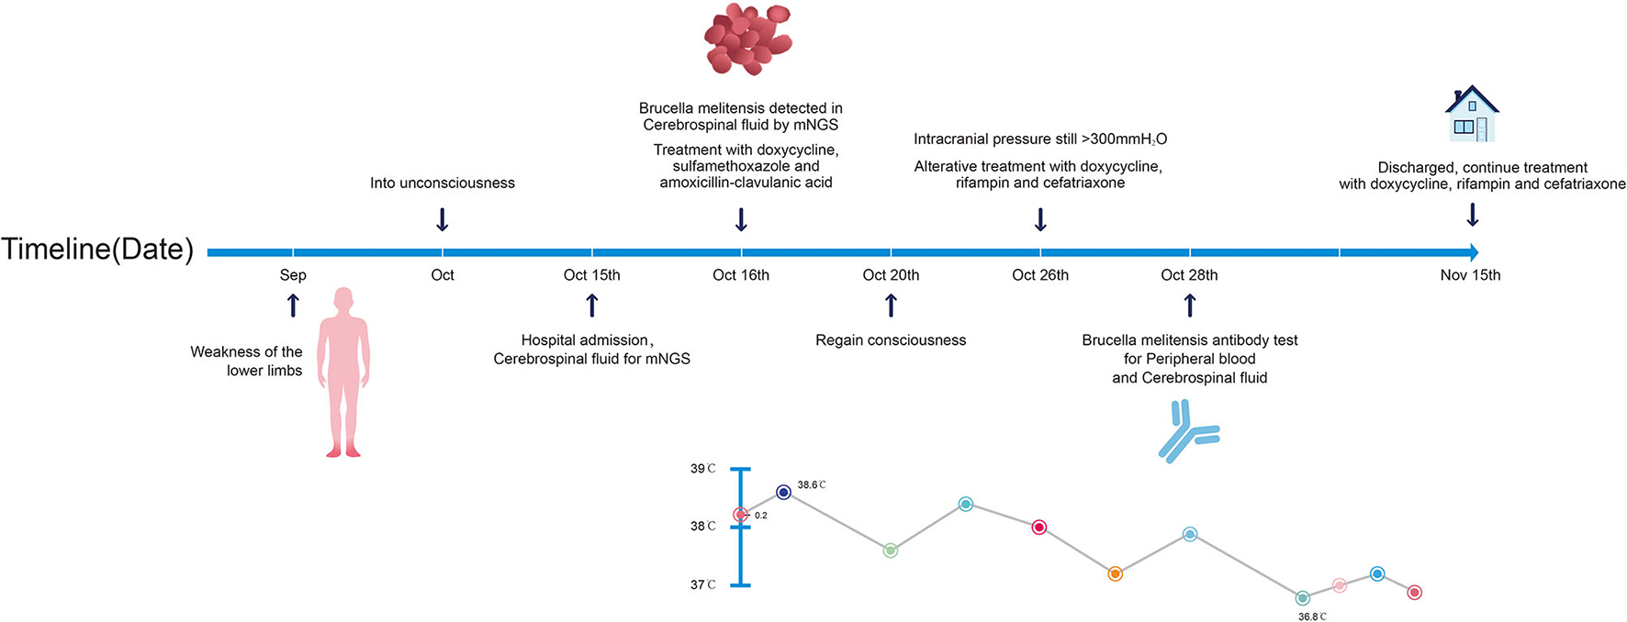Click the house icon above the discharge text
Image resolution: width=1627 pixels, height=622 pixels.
(1472, 115)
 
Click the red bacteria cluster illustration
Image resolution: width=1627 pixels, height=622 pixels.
(747, 39)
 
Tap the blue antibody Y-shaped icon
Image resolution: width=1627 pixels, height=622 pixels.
(1185, 431)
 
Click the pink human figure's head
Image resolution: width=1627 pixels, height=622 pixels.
(343, 300)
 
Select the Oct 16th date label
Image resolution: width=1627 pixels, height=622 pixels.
(741, 275)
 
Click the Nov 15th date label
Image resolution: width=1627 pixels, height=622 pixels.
(1470, 275)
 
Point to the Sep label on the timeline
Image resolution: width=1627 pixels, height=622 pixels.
(293, 275)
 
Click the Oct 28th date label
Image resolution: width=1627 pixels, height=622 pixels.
(1189, 275)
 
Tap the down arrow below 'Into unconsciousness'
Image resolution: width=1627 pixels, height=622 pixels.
(442, 219)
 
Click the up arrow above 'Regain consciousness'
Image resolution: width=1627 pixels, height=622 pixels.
(891, 305)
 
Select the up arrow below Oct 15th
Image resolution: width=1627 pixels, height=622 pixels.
(592, 305)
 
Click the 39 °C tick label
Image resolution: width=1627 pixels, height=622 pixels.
(702, 469)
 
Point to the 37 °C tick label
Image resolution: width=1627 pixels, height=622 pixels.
(702, 584)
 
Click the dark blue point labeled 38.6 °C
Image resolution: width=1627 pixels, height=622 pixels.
(783, 493)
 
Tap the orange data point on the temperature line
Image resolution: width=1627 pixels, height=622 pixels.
(1115, 574)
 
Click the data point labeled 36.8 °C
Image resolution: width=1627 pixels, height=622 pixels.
(1302, 598)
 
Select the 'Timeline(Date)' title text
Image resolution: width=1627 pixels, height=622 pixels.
(97, 250)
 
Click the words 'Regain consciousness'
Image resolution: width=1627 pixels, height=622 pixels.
(891, 340)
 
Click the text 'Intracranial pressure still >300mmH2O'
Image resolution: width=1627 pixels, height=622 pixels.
(1040, 139)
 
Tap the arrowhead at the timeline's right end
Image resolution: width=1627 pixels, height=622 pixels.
(1473, 252)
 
